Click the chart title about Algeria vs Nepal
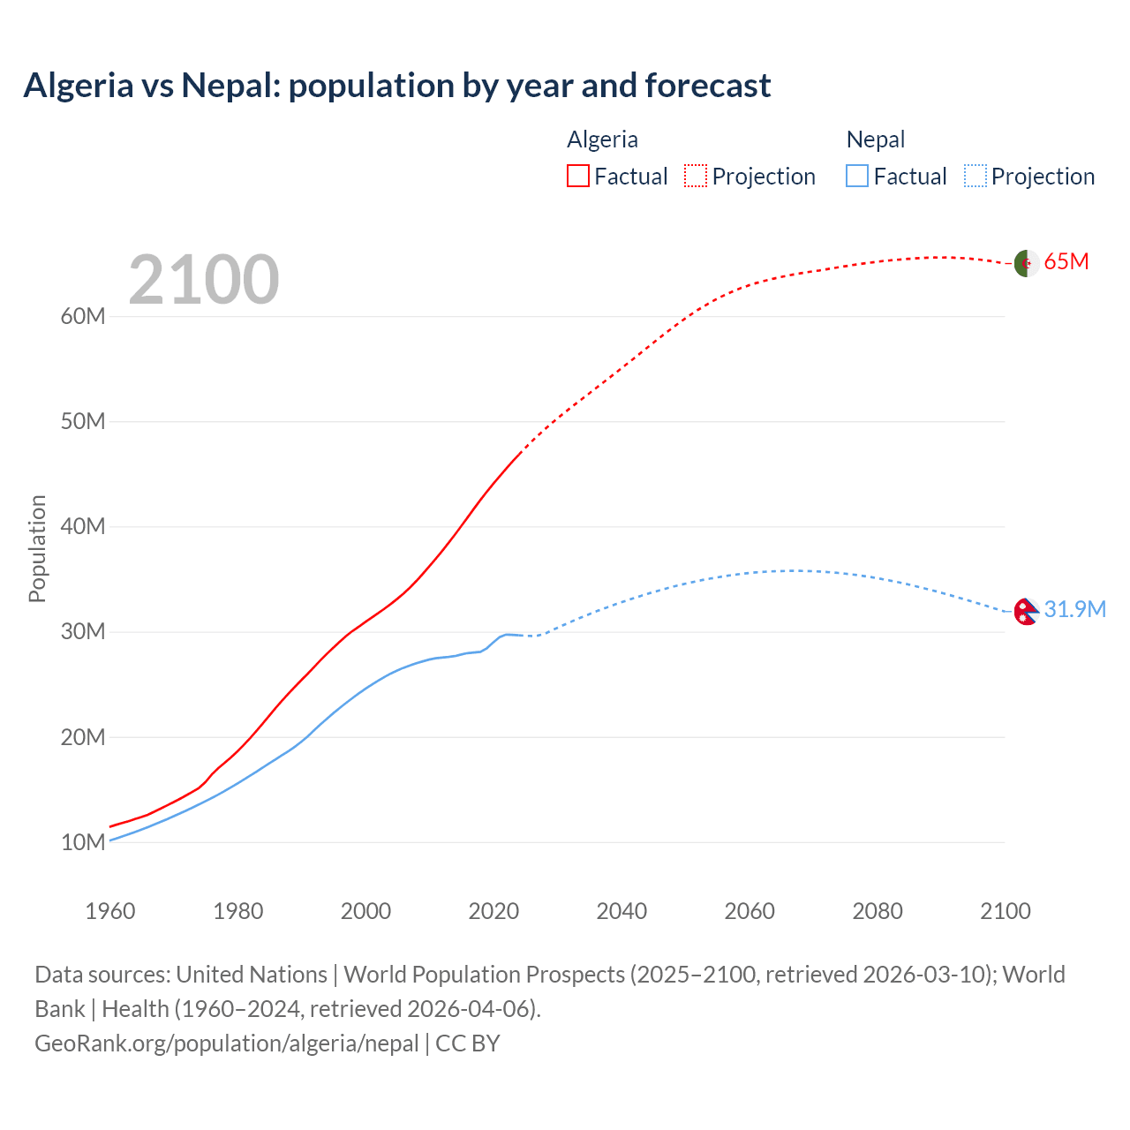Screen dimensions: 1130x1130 pyautogui.click(x=397, y=86)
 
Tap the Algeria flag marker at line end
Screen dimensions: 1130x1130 pyautogui.click(x=1025, y=262)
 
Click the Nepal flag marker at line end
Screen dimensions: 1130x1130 pyautogui.click(x=1025, y=611)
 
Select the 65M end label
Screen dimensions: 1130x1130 pyautogui.click(x=1066, y=262)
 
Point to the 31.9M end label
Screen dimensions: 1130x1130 pyautogui.click(x=1074, y=610)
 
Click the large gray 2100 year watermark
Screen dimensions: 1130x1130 pyautogui.click(x=204, y=280)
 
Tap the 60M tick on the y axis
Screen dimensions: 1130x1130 pyautogui.click(x=83, y=316)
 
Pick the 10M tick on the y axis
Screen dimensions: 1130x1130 pyautogui.click(x=83, y=842)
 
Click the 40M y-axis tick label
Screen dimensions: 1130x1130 pyautogui.click(x=83, y=527)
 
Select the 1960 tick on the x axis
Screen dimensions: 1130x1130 pyautogui.click(x=110, y=911)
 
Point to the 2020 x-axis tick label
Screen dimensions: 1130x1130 pyautogui.click(x=493, y=911)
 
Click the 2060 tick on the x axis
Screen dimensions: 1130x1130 pyautogui.click(x=750, y=911)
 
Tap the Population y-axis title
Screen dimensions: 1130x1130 pyautogui.click(x=37, y=548)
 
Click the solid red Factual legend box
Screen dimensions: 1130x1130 pyautogui.click(x=578, y=176)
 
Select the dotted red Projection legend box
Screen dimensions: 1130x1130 pyautogui.click(x=696, y=176)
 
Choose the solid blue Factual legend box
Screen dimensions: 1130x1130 pyautogui.click(x=857, y=176)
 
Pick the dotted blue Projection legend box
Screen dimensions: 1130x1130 pyautogui.click(x=976, y=176)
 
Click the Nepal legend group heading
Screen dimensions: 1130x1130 pyautogui.click(x=876, y=139)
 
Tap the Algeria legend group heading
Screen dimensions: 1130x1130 pyautogui.click(x=602, y=139)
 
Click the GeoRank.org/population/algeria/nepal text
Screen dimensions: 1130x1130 pyautogui.click(x=227, y=1043)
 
